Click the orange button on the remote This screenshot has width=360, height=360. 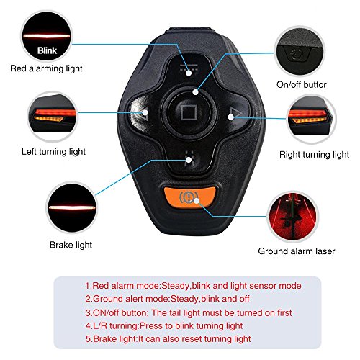pyautogui.click(x=189, y=197)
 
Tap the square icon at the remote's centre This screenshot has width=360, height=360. pyautogui.click(x=189, y=112)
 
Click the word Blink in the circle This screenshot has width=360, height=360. pyautogui.click(x=47, y=50)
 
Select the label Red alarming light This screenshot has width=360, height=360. pyautogui.click(x=46, y=68)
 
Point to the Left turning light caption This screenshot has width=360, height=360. pyautogui.click(x=53, y=152)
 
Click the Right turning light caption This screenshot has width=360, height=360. pyautogui.click(x=314, y=155)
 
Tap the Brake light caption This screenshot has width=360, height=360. pyautogui.click(x=71, y=245)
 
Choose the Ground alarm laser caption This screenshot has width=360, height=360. pyautogui.click(x=297, y=251)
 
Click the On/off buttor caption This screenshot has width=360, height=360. pyautogui.click(x=302, y=84)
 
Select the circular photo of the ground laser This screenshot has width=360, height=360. pyautogui.click(x=293, y=217)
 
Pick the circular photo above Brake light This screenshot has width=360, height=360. pyautogui.click(x=71, y=207)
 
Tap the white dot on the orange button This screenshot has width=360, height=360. pyautogui.click(x=197, y=201)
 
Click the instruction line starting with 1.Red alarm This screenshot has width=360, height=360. pyautogui.click(x=193, y=286)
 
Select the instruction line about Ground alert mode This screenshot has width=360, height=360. pyautogui.click(x=167, y=299)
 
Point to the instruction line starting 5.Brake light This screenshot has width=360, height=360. pyautogui.click(x=168, y=338)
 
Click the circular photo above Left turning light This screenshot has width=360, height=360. pyautogui.click(x=53, y=117)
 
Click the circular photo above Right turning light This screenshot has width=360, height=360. pyautogui.click(x=311, y=120)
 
